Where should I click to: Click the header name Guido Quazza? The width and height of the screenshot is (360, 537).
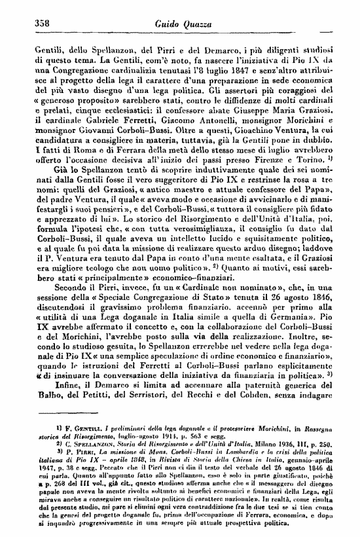coord(181,24)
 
